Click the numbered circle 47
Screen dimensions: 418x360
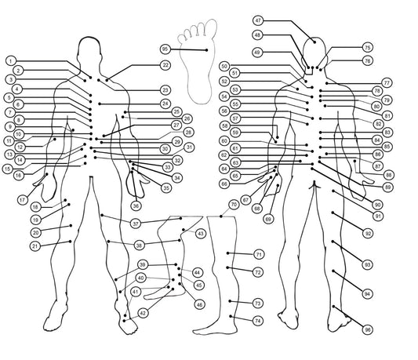[x=258, y=20]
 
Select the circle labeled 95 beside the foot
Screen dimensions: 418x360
[x=165, y=49]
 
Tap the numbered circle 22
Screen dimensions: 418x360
[x=165, y=65]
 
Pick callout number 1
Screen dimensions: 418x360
[x=10, y=61]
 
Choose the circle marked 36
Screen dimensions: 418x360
[x=136, y=205]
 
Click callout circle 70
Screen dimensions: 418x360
[x=234, y=205]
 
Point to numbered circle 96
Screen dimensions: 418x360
[x=368, y=330]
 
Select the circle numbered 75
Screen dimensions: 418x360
[x=367, y=48]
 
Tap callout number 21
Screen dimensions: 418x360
[x=35, y=245]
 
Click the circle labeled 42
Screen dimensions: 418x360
[x=143, y=313]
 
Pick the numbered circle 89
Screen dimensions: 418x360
[x=388, y=187]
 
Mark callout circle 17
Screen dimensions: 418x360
[x=23, y=200]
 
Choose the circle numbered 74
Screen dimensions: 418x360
[x=258, y=321]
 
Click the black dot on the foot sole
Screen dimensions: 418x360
[x=206, y=50]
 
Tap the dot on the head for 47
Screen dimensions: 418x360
[x=314, y=42]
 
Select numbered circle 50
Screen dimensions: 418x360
[x=224, y=66]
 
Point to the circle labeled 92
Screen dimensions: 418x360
[x=368, y=234]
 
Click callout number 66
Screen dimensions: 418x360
[x=224, y=184]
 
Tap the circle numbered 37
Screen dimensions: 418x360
[x=136, y=224]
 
